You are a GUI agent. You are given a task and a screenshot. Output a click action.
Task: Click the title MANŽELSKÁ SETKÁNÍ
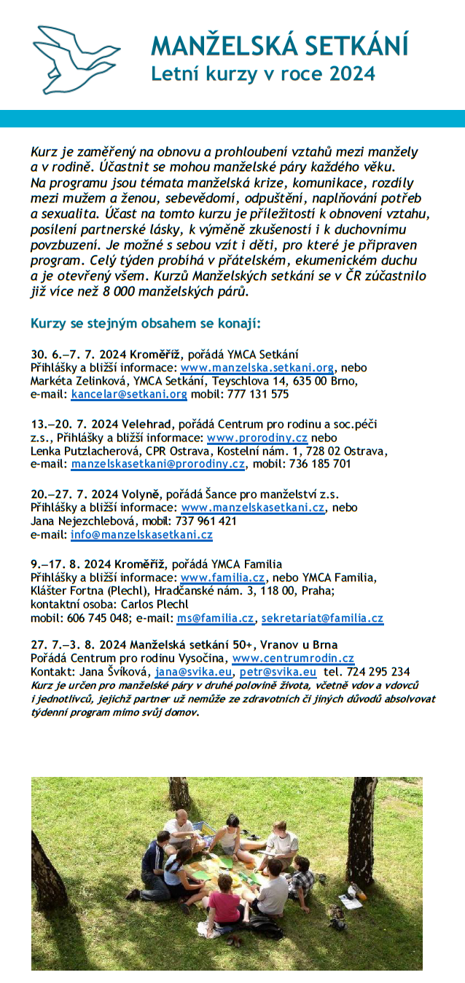pyautogui.click(x=279, y=45)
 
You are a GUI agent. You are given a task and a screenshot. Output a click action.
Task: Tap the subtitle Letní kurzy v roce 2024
pyautogui.click(x=262, y=74)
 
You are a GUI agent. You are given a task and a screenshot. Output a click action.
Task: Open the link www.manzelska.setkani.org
pyautogui.click(x=257, y=368)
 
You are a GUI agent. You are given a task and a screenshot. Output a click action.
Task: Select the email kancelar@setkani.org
pyautogui.click(x=129, y=394)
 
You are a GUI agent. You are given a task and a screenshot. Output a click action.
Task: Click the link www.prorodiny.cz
pyautogui.click(x=257, y=438)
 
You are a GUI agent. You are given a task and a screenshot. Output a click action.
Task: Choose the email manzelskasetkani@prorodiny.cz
pyautogui.click(x=157, y=463)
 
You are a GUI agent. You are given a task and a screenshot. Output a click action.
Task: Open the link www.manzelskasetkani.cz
pyautogui.click(x=252, y=508)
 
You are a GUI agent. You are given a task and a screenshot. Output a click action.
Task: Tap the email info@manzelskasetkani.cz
pyautogui.click(x=141, y=534)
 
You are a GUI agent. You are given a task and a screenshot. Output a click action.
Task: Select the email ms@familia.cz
pyautogui.click(x=215, y=618)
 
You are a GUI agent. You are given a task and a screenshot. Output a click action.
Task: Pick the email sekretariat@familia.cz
pyautogui.click(x=322, y=618)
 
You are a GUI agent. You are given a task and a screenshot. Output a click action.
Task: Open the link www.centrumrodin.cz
pyautogui.click(x=293, y=658)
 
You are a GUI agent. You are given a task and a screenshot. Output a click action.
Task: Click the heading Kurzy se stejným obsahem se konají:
pyautogui.click(x=146, y=323)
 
